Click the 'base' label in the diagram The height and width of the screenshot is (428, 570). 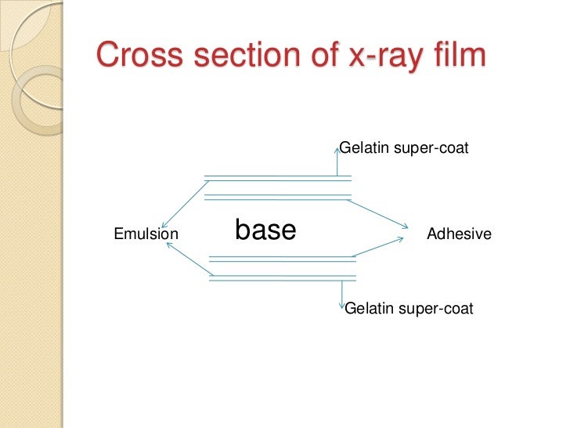pos(265,230)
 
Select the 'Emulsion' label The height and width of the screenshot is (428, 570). pos(146,234)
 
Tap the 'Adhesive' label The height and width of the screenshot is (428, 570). pos(459,234)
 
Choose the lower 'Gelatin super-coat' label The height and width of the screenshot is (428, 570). pos(409,308)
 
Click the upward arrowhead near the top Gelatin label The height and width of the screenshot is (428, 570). pos(337,145)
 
